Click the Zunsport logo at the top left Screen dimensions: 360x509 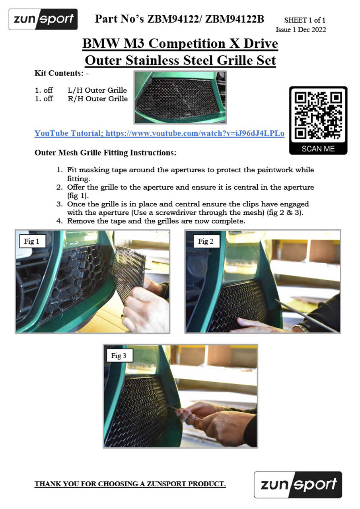43,19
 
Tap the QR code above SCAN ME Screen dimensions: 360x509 318,115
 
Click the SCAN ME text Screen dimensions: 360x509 318,149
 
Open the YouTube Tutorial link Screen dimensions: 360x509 160,133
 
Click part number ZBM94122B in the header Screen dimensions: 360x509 235,19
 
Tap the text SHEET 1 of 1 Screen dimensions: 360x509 305,20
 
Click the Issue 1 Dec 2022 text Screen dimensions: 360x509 301,29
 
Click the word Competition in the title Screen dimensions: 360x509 187,44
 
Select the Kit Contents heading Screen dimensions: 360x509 61,74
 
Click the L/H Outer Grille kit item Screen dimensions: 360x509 97,90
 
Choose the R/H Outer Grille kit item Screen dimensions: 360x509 98,99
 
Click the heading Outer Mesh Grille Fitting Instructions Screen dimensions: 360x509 105,153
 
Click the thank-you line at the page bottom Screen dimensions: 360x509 130,484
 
